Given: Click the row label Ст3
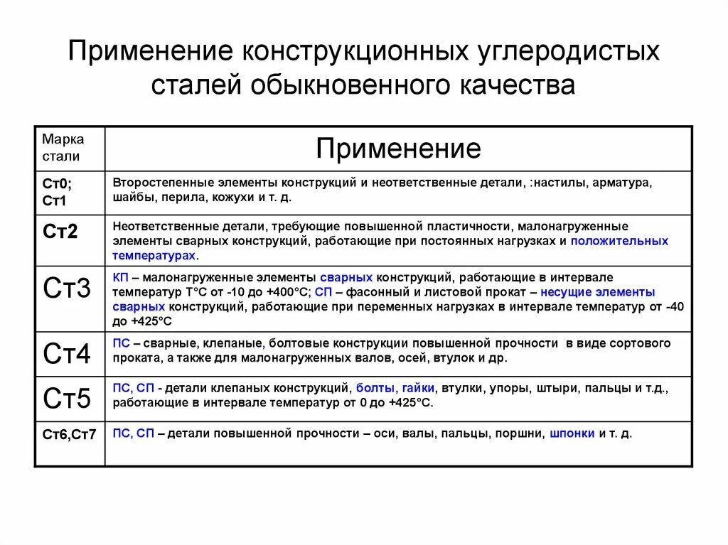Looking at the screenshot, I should (67, 288).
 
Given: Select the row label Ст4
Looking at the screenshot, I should (67, 353).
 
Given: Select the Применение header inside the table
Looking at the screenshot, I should (398, 149).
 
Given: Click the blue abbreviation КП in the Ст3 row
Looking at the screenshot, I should (119, 277).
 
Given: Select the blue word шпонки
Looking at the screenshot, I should (572, 433).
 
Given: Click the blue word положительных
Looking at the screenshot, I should (619, 241).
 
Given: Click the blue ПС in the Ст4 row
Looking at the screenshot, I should (120, 343).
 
